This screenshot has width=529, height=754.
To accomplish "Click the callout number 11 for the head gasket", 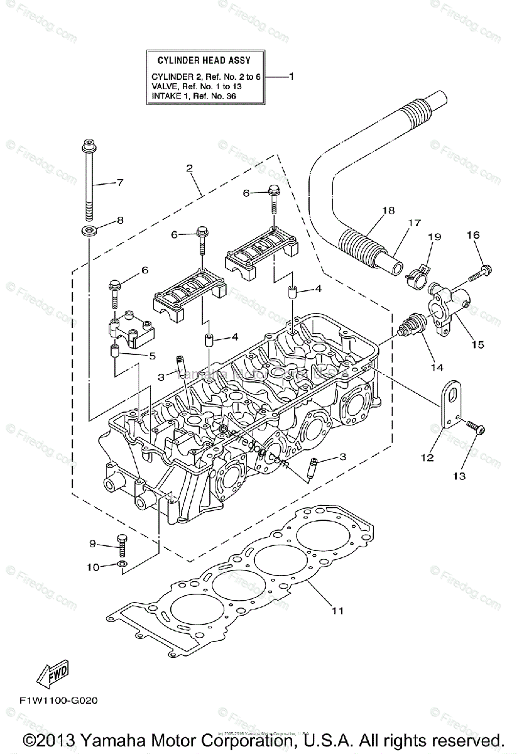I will [337, 611].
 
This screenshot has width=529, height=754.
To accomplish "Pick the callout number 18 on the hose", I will [388, 210].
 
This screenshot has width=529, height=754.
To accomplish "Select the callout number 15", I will [478, 344].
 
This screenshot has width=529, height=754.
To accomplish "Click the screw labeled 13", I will [477, 430].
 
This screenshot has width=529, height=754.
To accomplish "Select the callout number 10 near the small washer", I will [93, 567].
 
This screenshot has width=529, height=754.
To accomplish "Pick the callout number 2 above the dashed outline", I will [188, 168].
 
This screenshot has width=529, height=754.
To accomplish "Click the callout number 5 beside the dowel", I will [152, 356].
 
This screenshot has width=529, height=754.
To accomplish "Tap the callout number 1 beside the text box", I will [291, 76].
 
